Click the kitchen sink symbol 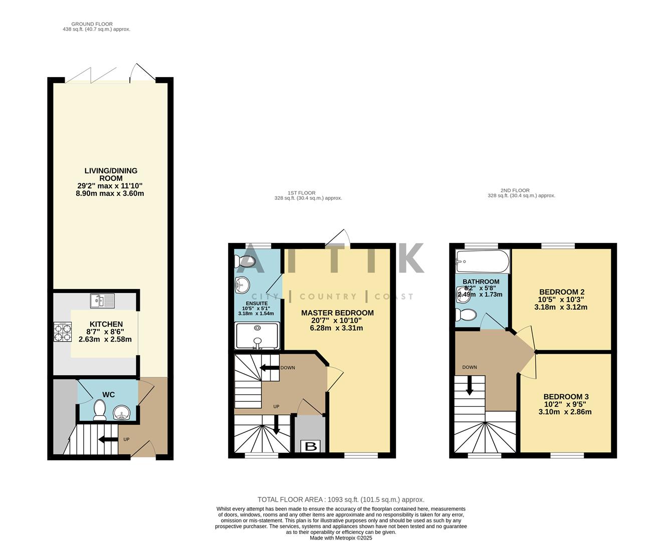pyautogui.click(x=102, y=301)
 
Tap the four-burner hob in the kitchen pyautogui.click(x=62, y=332)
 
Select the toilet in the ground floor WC pyautogui.click(x=99, y=411)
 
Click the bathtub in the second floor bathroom pyautogui.click(x=482, y=261)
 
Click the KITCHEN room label pyautogui.click(x=106, y=324)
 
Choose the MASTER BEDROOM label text pyautogui.click(x=337, y=313)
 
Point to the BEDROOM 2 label pyautogui.click(x=561, y=292)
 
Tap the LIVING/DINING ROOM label pyautogui.click(x=111, y=174)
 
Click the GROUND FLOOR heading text pyautogui.click(x=92, y=24)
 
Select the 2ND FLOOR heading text pyautogui.click(x=515, y=190)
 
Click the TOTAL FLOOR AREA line pyautogui.click(x=341, y=499)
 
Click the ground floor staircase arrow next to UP pyautogui.click(x=108, y=440)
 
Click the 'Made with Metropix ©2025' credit pyautogui.click(x=341, y=537)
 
